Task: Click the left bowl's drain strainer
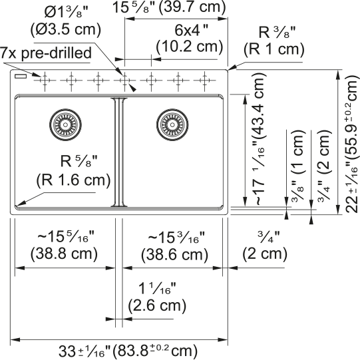(65, 124)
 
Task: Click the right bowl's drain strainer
(172, 124)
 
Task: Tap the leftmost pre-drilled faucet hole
(45, 81)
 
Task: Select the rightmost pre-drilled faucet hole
(204, 81)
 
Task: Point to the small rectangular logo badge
(21, 76)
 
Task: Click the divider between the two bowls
(118, 152)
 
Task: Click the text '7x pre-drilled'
(46, 53)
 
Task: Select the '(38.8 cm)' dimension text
(64, 254)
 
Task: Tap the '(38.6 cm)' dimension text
(174, 254)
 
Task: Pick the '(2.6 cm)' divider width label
(157, 305)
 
